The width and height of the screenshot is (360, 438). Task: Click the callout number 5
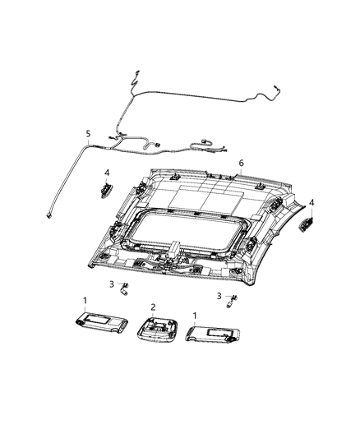click(x=88, y=133)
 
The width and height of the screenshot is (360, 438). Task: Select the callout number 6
click(x=241, y=163)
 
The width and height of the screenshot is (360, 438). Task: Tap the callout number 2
click(x=152, y=307)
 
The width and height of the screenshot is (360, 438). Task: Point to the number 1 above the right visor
click(x=195, y=315)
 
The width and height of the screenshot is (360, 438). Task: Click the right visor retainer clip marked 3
click(x=232, y=302)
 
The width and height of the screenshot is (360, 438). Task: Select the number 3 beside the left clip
click(x=112, y=284)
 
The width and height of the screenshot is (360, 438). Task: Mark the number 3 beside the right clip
click(x=219, y=295)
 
